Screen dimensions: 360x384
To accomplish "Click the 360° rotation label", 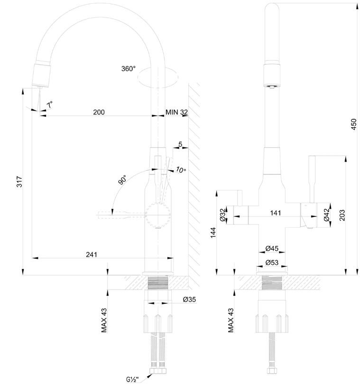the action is tap(128, 69).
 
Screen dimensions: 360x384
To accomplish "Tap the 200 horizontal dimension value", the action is tap(99, 112).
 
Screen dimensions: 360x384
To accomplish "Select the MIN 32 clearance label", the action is tap(176, 112).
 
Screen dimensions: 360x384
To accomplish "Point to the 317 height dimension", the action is tap(19, 181).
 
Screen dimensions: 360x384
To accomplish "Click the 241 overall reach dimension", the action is tap(91, 255).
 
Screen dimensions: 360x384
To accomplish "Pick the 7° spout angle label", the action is tap(50, 105).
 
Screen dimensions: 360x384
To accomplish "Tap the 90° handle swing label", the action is tap(122, 180).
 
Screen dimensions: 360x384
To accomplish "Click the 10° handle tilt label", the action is tap(181, 169).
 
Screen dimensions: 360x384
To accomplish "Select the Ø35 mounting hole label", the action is tap(189, 299).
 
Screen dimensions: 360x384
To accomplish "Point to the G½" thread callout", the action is tap(132, 380).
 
